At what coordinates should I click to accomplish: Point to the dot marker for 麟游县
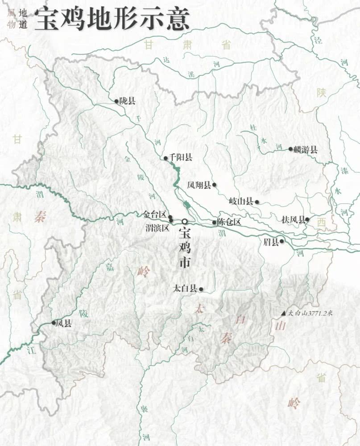coord(290,149)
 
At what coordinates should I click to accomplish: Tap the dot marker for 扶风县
coord(307,219)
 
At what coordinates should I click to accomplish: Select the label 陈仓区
coord(229,222)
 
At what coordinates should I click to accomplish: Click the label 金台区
coord(154,215)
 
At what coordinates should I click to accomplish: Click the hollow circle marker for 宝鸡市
coord(184,221)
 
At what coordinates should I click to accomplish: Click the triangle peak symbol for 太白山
coord(283,314)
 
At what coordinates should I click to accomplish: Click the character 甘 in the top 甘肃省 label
coord(149,44)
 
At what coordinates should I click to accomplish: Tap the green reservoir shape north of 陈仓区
coord(187,205)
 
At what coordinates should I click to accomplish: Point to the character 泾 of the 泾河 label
coord(318,40)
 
